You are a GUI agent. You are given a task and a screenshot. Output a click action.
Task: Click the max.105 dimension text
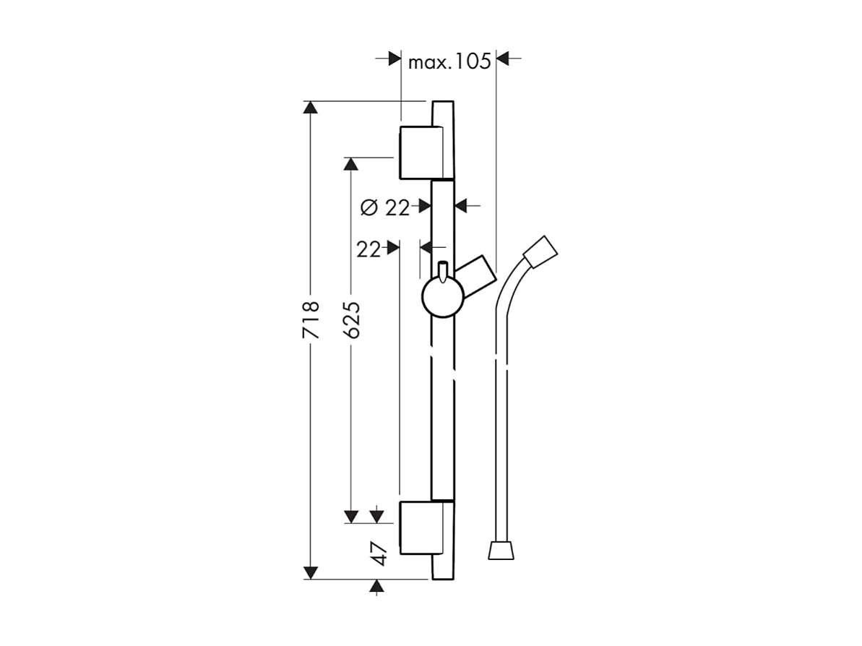(x=449, y=61)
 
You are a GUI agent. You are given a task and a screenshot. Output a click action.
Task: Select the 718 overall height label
(x=310, y=320)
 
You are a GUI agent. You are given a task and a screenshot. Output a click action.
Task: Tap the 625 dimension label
(x=351, y=320)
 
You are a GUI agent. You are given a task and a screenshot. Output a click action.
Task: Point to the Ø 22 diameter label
(x=384, y=208)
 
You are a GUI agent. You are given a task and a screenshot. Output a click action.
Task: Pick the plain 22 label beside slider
(x=368, y=249)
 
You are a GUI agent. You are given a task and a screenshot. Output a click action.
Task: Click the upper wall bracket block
(x=419, y=152)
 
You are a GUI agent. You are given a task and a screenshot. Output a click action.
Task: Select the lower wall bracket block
(x=419, y=526)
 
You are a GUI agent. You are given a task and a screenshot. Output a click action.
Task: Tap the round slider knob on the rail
(x=442, y=298)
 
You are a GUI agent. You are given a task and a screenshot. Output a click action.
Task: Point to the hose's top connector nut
(x=541, y=251)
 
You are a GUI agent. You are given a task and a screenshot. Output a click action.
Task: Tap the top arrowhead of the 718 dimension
(x=310, y=108)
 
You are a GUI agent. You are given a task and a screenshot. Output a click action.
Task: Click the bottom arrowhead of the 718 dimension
(x=310, y=572)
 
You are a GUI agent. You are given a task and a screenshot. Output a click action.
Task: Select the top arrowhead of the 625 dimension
(x=351, y=165)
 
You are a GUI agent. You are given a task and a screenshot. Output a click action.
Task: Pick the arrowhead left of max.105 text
(x=395, y=59)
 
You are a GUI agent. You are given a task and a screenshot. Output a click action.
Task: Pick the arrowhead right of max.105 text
(x=504, y=59)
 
